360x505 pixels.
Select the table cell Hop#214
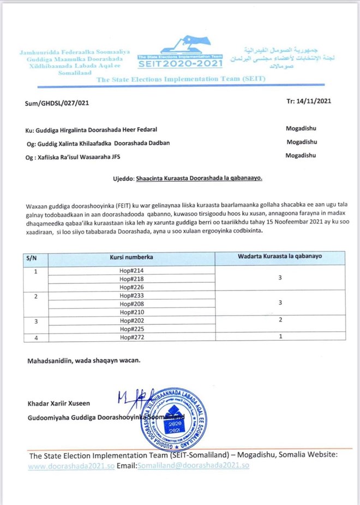tap(131, 271)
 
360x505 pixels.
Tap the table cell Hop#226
tap(131, 287)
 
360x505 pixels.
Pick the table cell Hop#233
tap(131, 296)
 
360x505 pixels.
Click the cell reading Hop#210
tap(131, 312)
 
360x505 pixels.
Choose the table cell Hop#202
tap(131, 321)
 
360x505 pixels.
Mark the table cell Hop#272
tap(131, 338)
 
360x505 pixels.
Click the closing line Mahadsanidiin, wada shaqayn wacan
tap(84, 361)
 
